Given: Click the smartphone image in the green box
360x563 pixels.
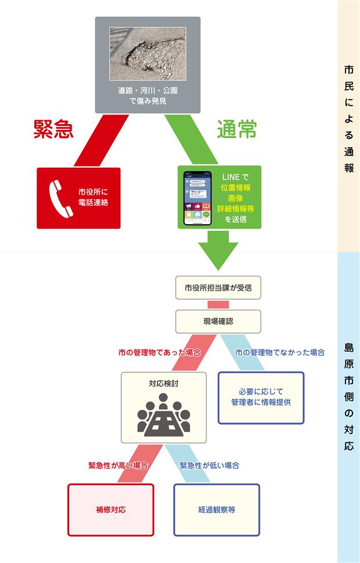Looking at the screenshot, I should [x=197, y=198].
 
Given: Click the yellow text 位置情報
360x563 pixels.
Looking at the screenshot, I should [x=236, y=187].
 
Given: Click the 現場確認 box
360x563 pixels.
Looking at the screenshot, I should [x=218, y=320].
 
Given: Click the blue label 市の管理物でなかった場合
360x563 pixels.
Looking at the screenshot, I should [x=279, y=352].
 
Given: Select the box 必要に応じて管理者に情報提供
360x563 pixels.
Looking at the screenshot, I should [x=261, y=398].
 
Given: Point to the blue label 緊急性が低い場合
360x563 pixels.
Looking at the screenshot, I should [x=209, y=465].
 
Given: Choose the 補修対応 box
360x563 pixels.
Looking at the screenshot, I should [x=111, y=510].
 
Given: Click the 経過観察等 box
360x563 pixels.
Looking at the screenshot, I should [x=217, y=510].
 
